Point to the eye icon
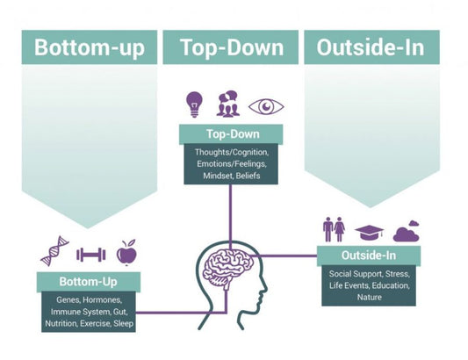coord(266,106)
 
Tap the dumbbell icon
coord(90,255)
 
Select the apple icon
coord(128,252)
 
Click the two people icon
coord(334,229)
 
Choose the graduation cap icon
coord(370,232)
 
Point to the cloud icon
coord(406,232)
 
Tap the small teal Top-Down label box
coord(231,134)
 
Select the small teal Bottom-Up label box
coord(90,282)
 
